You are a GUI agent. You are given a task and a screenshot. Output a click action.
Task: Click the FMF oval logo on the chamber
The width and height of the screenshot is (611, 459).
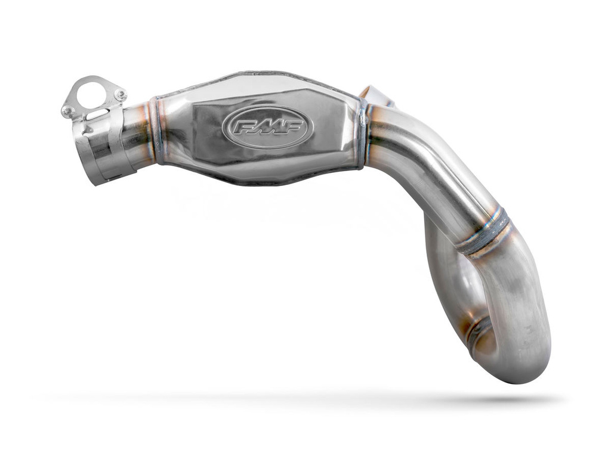tap(267, 126)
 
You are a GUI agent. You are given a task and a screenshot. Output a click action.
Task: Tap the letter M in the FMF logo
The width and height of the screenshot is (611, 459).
tap(268, 127)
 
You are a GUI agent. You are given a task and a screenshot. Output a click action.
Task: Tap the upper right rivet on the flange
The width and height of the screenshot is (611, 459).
tap(119, 94)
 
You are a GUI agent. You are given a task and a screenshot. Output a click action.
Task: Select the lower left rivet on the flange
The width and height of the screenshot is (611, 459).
tap(68, 110)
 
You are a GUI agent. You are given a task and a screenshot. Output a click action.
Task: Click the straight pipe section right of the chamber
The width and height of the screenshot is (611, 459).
tap(418, 161)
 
